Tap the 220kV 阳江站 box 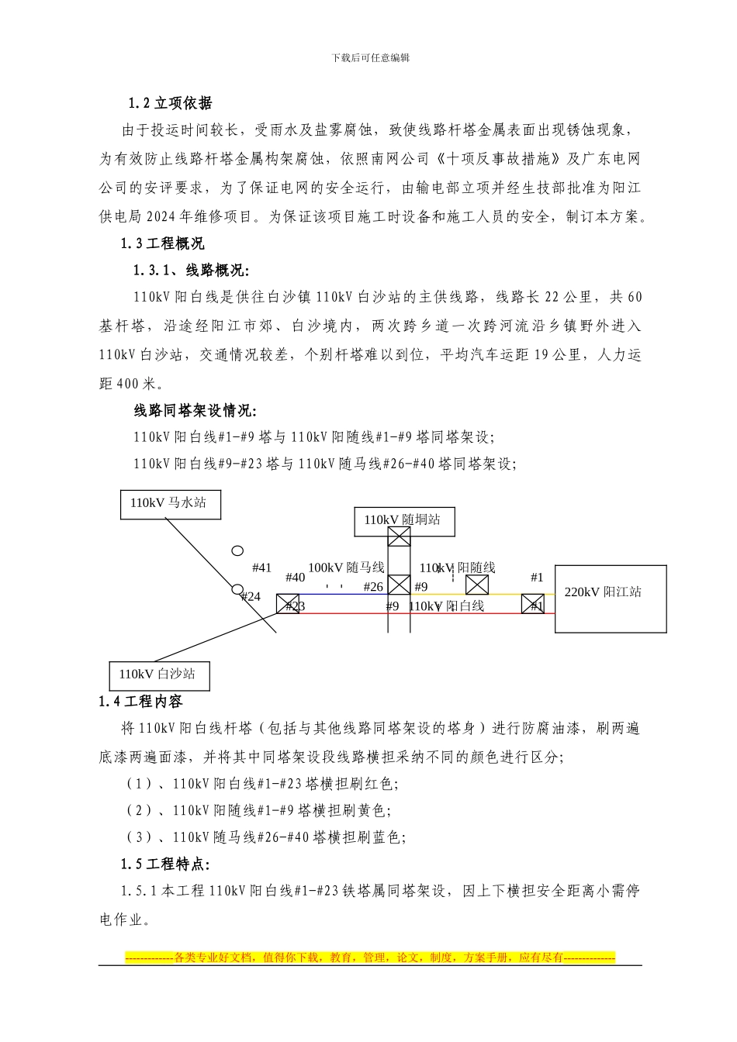pos(610,599)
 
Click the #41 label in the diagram pos(261,568)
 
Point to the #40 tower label pos(295,578)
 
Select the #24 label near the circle pos(251,597)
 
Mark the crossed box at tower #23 pos(288,604)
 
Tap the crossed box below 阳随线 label pos(476,585)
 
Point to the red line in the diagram pos(465,613)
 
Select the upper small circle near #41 pos(237,551)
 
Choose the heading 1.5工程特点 pos(164,864)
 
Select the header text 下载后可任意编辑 pos(370,57)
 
